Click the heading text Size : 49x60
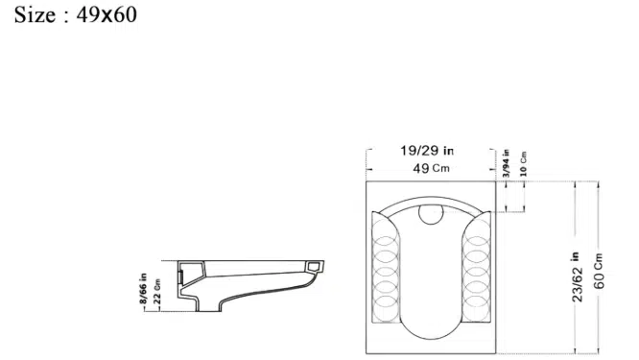76,15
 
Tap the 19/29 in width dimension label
427,151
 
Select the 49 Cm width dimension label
431,168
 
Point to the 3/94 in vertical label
507,162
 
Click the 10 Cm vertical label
524,164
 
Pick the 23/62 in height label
578,277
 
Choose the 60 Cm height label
599,271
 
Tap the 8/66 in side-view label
143,289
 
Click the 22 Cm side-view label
157,292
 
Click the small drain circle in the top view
431,214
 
